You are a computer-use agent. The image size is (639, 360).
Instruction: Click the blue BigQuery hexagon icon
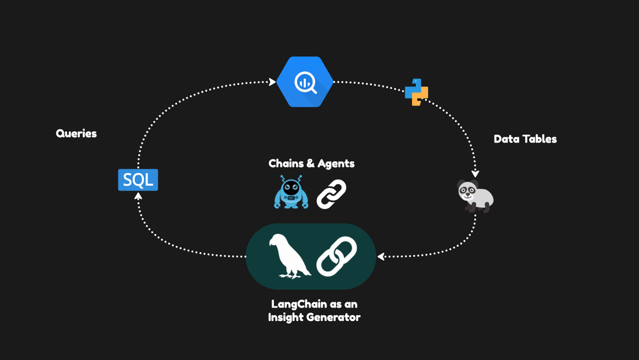305,82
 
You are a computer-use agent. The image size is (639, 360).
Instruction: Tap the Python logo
416,91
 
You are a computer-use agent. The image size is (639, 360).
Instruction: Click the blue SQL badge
138,180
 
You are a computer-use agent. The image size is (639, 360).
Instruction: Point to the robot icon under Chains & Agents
291,192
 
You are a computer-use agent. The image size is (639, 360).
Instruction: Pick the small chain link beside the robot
332,193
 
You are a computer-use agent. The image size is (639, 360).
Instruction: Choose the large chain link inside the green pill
337,256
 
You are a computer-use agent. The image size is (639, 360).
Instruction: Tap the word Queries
76,134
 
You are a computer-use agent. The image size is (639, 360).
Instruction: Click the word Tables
540,139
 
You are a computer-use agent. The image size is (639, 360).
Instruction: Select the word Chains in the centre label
286,164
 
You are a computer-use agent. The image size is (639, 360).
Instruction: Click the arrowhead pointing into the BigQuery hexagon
273,82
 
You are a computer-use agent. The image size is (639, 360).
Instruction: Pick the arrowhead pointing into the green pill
380,257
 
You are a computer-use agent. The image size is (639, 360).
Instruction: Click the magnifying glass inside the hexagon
305,82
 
